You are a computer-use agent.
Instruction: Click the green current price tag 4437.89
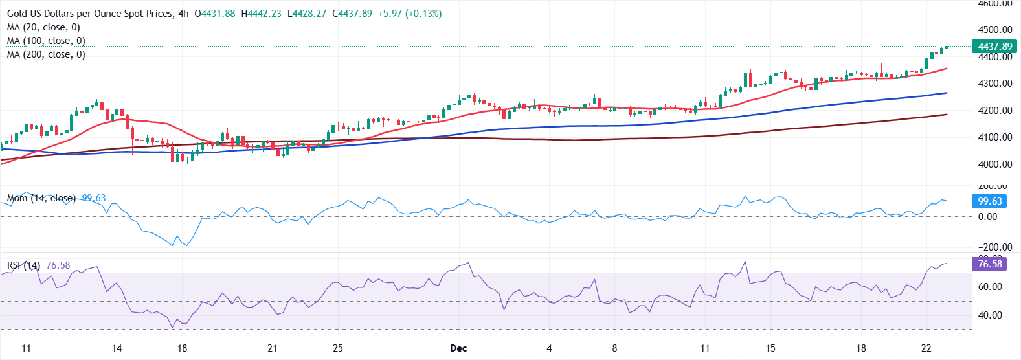click(994, 47)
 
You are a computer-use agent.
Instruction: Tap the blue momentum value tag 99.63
click(989, 201)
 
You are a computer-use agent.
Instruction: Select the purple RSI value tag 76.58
click(989, 264)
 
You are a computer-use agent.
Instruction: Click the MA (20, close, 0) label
click(43, 27)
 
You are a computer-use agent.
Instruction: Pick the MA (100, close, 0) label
click(46, 41)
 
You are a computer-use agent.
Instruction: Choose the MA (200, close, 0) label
click(46, 54)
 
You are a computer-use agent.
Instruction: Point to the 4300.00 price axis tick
click(994, 84)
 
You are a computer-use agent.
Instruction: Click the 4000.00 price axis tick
click(994, 164)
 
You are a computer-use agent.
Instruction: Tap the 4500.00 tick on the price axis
click(994, 30)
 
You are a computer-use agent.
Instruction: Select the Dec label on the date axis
click(458, 348)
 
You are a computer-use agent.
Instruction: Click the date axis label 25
click(338, 348)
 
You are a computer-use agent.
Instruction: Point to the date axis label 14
click(117, 348)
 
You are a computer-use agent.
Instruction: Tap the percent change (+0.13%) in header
click(423, 14)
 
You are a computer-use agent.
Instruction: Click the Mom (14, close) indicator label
click(41, 198)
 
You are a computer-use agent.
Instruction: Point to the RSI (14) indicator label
click(24, 265)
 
